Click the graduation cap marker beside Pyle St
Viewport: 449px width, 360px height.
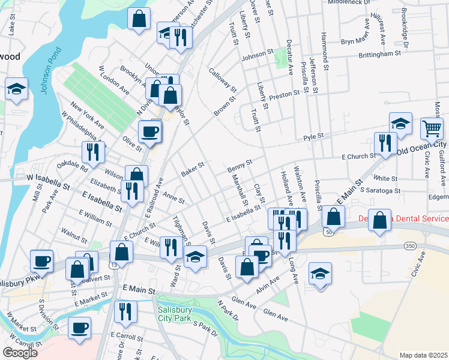(400, 124)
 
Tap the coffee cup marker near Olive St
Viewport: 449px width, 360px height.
(149, 131)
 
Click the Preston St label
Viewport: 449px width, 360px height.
(285, 94)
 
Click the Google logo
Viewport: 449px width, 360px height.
(20, 353)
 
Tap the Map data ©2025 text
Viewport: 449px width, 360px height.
(423, 355)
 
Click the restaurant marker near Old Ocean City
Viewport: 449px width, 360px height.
(383, 143)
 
